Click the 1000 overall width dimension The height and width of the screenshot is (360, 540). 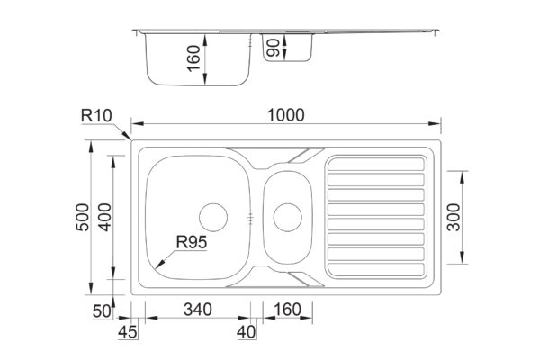point(286,115)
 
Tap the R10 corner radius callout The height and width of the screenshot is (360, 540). point(96,116)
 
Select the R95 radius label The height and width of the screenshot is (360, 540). point(192,242)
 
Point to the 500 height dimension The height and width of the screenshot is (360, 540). point(83,218)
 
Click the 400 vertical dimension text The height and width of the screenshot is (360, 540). point(104,218)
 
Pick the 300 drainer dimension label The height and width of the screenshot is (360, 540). point(454,218)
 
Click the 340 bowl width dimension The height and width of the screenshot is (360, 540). point(198,310)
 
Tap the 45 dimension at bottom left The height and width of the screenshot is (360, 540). point(128,332)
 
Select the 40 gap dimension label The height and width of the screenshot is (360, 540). point(247,332)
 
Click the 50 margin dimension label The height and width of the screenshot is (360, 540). point(103,311)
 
